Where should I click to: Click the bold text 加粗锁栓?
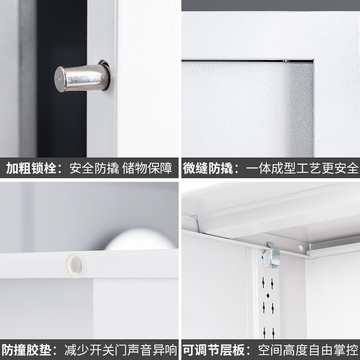[31, 169]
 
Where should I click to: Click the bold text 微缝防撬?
[207, 169]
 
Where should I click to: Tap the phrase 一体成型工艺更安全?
[302, 169]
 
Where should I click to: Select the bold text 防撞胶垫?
[27, 350]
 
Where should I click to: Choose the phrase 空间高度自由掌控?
[308, 350]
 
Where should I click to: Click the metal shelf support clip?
[271, 256]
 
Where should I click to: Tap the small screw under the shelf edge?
[301, 247]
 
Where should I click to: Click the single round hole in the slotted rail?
[268, 296]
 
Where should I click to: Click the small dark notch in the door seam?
[285, 59]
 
